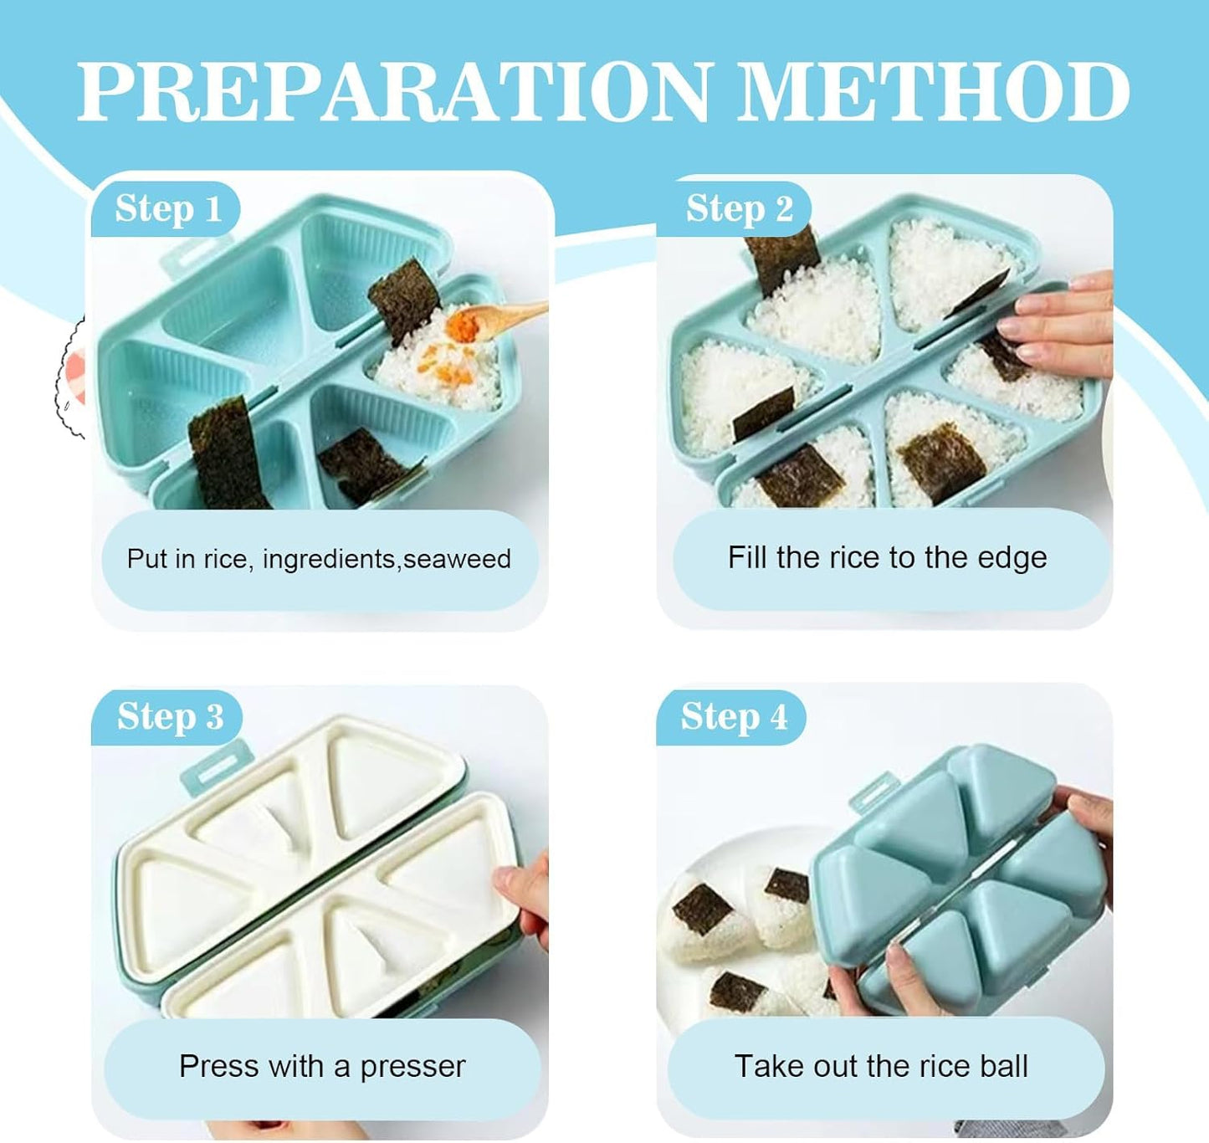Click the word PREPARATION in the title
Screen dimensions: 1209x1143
tap(393, 91)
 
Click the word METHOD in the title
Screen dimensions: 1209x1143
tap(934, 91)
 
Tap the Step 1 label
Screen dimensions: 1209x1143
tap(168, 208)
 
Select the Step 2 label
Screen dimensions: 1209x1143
tap(739, 208)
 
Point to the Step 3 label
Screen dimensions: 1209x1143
tap(171, 716)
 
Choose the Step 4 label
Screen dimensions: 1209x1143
tap(734, 716)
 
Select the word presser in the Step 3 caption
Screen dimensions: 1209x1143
tap(412, 1067)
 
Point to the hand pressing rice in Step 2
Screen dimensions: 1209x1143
tap(1055, 326)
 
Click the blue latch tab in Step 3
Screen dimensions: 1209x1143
tap(217, 766)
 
